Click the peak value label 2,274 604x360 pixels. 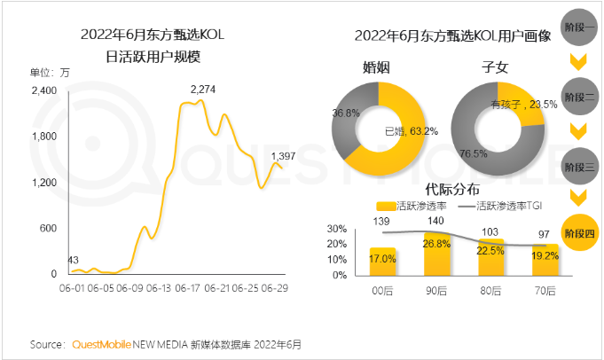pos(203,90)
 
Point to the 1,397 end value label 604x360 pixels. pos(284,156)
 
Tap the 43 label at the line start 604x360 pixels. pos(75,260)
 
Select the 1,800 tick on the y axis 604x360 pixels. pos(44,137)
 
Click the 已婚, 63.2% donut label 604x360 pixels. pos(412,130)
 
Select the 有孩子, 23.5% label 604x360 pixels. pos(523,104)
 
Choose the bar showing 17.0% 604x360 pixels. pos(382,261)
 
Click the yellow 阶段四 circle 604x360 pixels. pos(580,233)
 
